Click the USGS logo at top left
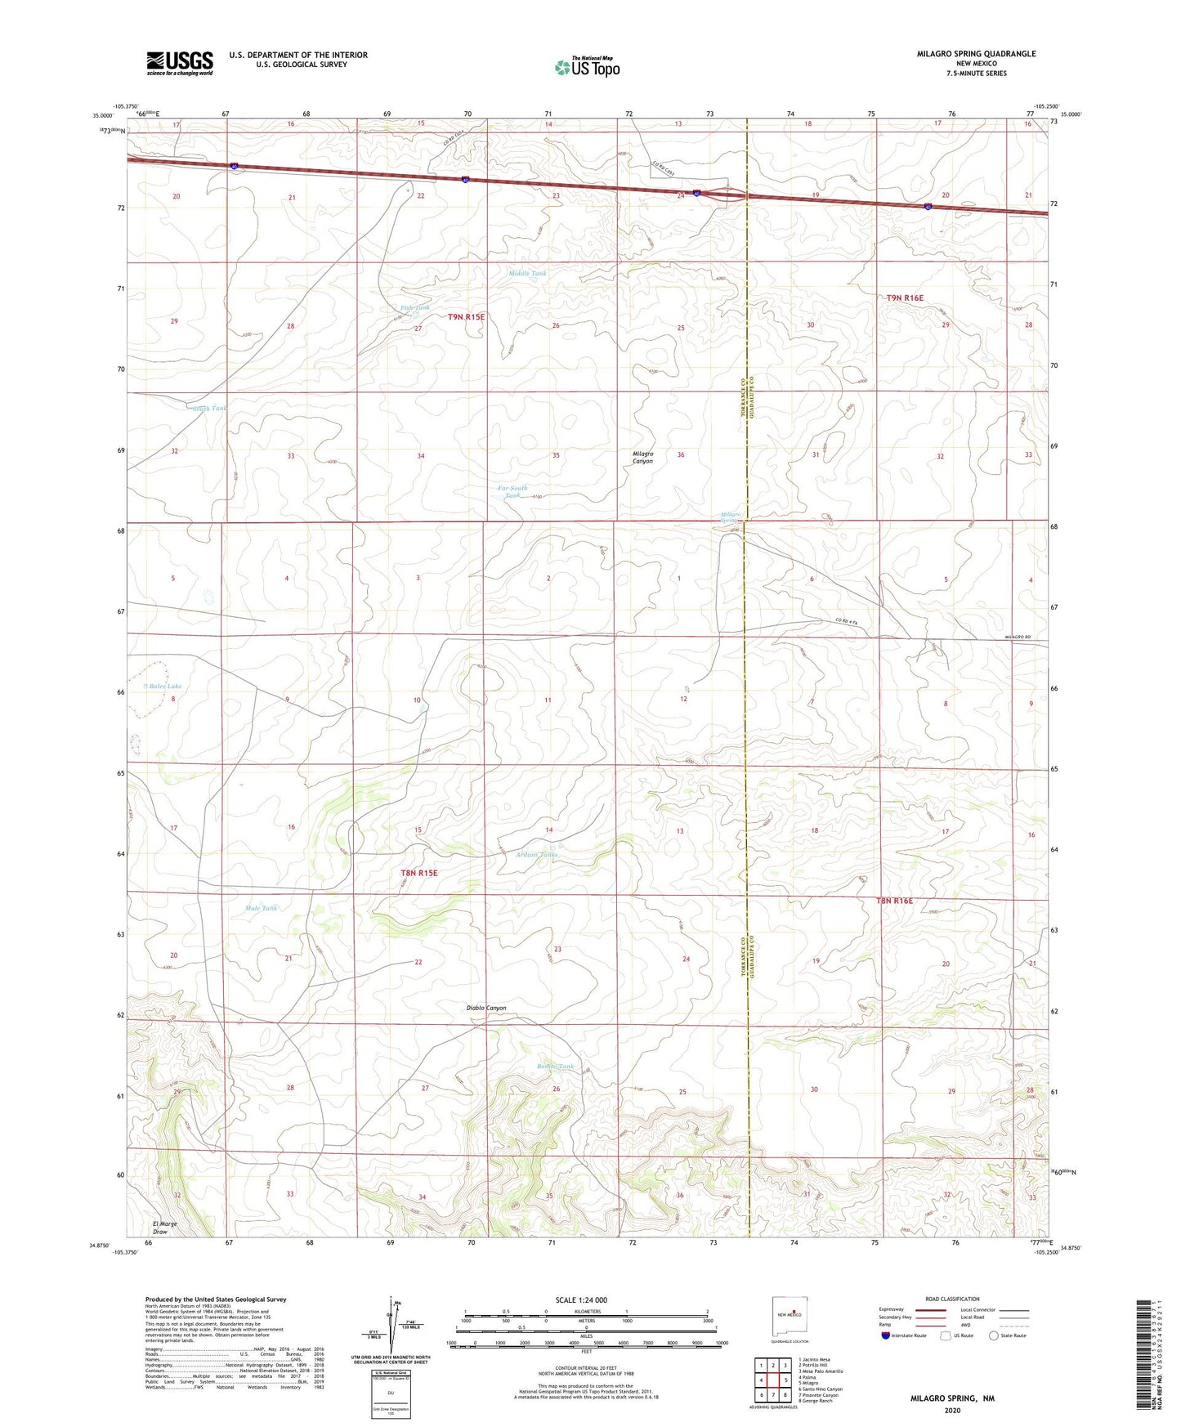coord(180,62)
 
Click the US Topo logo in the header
coord(586,66)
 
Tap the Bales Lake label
coord(164,687)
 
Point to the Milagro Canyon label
coord(642,457)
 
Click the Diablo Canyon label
coord(486,1008)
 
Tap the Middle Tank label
coord(527,273)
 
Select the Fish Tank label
coord(415,307)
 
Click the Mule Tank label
coord(262,908)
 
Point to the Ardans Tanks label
coord(537,854)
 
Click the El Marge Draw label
coord(165,1228)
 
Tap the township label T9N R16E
coord(905,298)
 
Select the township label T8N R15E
coord(419,873)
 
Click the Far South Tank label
coord(512,491)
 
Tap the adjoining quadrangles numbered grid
coord(772,1381)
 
